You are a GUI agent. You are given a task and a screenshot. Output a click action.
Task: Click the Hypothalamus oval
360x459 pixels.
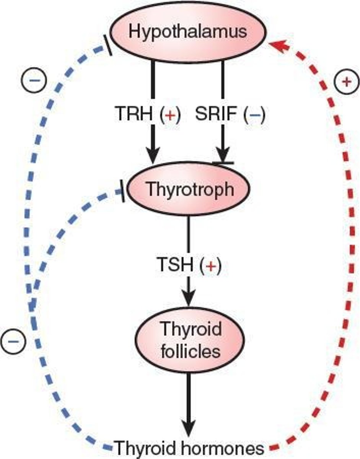click(187, 32)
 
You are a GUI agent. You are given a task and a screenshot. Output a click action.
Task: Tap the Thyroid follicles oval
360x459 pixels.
click(190, 340)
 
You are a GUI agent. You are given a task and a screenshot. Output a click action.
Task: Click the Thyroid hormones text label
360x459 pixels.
click(190, 447)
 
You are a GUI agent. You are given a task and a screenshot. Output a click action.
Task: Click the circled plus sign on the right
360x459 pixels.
click(345, 81)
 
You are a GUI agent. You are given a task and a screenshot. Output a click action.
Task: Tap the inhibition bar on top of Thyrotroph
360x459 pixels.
click(223, 163)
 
